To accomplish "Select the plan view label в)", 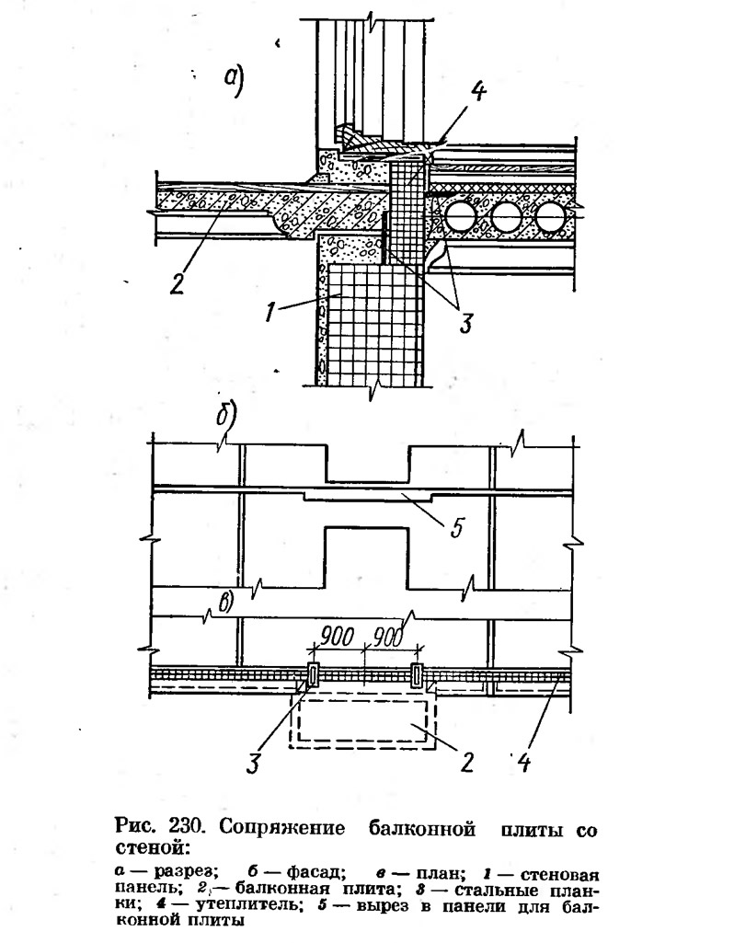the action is (225, 603).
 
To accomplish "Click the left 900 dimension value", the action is (335, 637).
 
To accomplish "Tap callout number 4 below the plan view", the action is (523, 762).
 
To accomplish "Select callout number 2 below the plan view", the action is (466, 762).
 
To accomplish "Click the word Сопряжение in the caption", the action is (282, 828).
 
